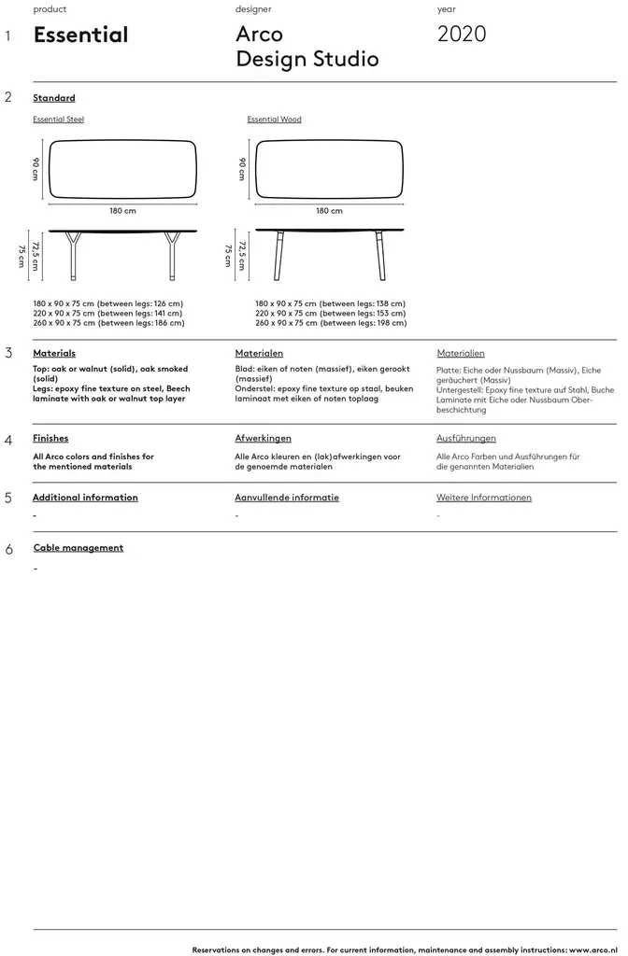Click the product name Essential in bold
click(x=80, y=35)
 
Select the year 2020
click(x=462, y=35)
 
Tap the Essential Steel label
click(x=58, y=119)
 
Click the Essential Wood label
click(x=274, y=119)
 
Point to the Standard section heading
click(x=54, y=98)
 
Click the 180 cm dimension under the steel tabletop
click(x=122, y=211)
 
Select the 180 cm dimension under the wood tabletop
click(x=329, y=211)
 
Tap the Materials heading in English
click(x=54, y=354)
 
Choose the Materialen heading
click(x=259, y=354)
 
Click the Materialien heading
click(x=461, y=354)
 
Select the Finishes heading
click(x=50, y=438)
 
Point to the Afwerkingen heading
click(x=263, y=438)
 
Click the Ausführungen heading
click(x=466, y=438)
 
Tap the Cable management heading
click(x=78, y=548)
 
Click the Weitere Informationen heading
click(x=484, y=498)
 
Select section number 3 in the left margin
click(x=8, y=354)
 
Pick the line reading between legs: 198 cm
click(x=330, y=323)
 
